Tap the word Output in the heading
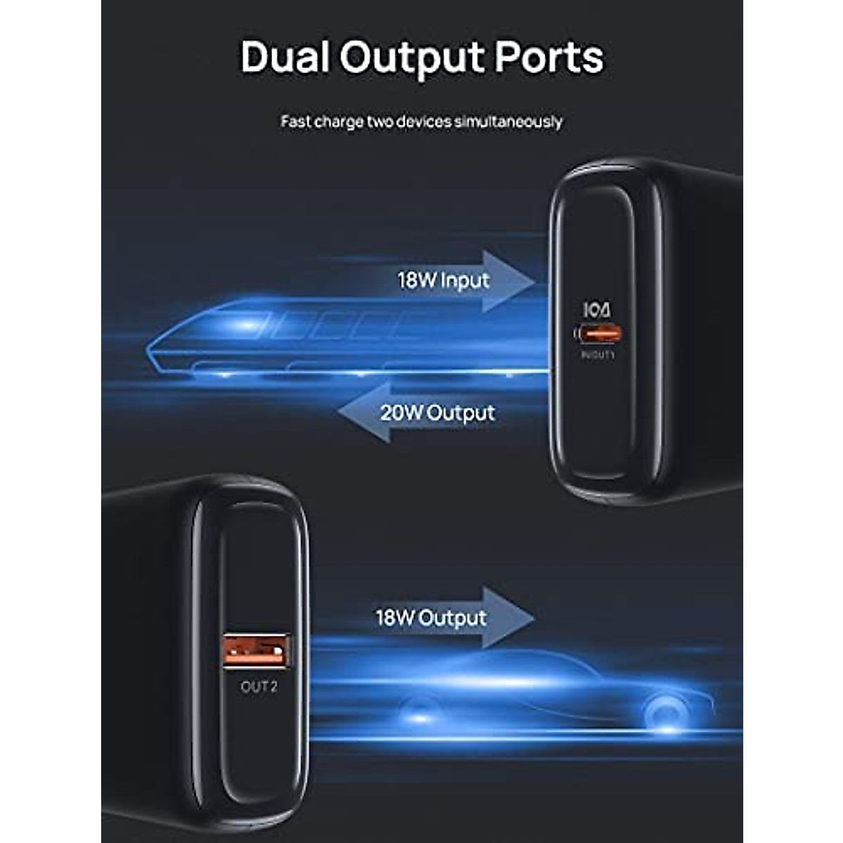click(412, 58)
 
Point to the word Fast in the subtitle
click(296, 122)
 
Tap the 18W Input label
click(443, 280)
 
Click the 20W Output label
click(437, 412)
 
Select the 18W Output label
click(431, 618)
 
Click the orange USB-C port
click(597, 333)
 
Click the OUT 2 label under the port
click(259, 687)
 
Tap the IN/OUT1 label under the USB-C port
click(597, 355)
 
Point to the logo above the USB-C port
click(596, 310)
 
